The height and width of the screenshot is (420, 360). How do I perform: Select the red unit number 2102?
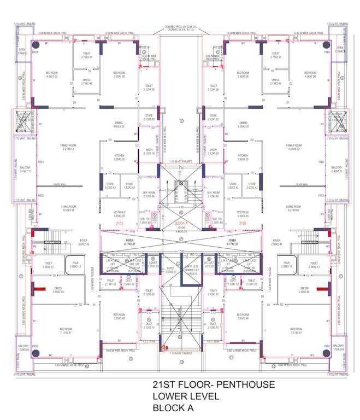tap(120, 224)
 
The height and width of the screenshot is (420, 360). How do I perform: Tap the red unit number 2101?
tap(242, 224)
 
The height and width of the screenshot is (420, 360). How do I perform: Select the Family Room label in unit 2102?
tap(68, 147)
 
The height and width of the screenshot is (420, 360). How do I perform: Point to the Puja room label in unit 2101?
tap(286, 265)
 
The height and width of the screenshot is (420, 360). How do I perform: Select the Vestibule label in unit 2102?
tap(119, 213)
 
